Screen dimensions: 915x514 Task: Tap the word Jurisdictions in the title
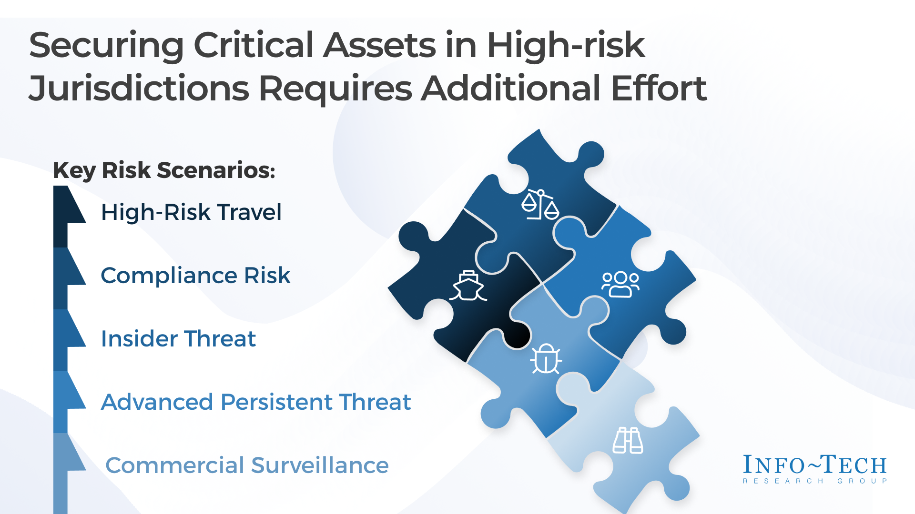tap(139, 89)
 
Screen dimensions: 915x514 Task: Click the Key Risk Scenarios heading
tap(164, 170)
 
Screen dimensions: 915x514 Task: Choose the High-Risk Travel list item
tap(191, 212)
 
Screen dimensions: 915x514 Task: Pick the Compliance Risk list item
tap(195, 276)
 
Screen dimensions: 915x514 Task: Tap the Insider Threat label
tap(178, 338)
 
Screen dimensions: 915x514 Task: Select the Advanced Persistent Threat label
tap(256, 402)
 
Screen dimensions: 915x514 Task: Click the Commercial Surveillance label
tap(247, 465)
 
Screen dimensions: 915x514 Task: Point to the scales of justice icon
tap(540, 205)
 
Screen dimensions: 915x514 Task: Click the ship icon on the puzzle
tap(468, 286)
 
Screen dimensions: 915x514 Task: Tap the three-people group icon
tap(620, 285)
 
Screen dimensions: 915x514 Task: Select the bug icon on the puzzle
tap(546, 358)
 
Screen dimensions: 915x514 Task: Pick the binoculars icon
tap(628, 440)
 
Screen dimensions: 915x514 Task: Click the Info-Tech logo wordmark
tap(815, 465)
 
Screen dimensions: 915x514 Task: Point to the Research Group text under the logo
tap(815, 481)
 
